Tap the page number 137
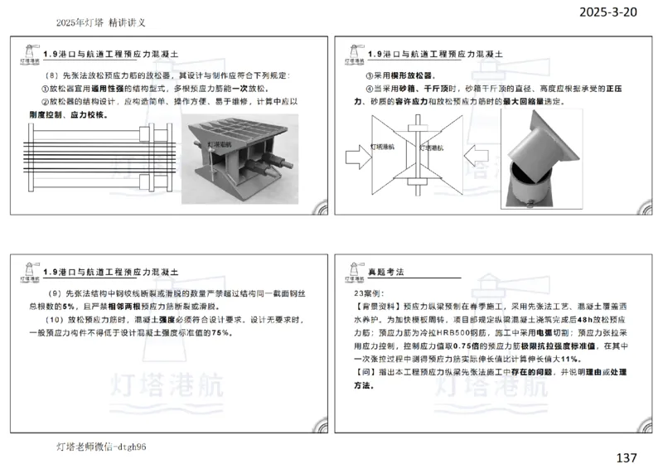(627, 457)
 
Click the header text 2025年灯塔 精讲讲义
(99, 23)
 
